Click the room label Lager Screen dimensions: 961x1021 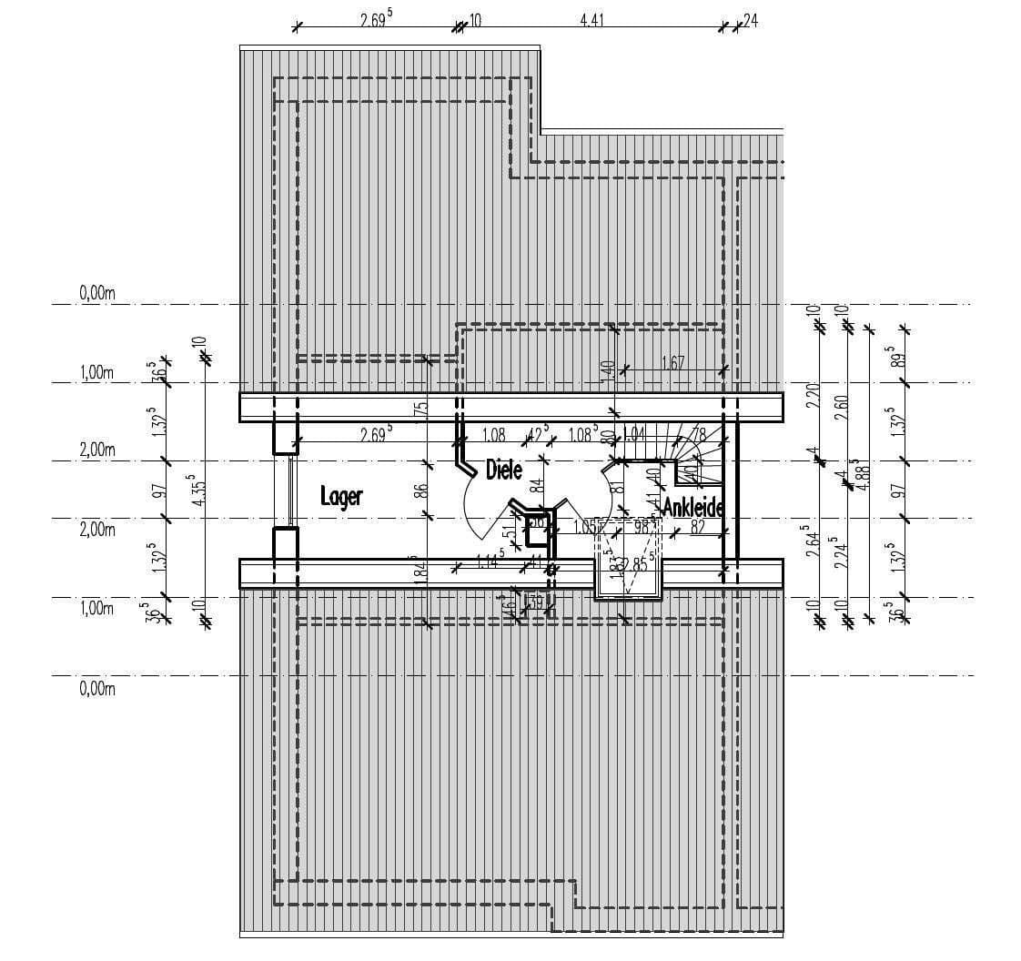(x=341, y=496)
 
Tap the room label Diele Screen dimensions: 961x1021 (x=503, y=470)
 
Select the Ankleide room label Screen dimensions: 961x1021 (x=692, y=507)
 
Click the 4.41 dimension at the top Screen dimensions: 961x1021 (x=592, y=19)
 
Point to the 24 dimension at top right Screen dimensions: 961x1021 (x=751, y=19)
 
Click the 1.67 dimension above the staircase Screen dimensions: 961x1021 (x=672, y=363)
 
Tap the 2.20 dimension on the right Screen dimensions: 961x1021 (x=814, y=396)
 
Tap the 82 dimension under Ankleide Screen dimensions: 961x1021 (x=697, y=526)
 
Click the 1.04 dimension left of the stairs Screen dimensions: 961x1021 (x=634, y=434)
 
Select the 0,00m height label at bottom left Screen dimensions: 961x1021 (x=97, y=689)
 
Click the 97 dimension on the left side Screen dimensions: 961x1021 (x=158, y=491)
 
